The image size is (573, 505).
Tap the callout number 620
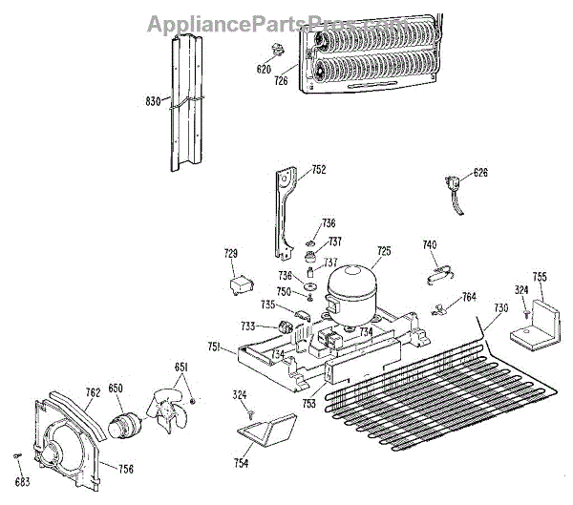[x=264, y=69]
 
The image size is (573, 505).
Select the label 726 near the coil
[x=281, y=81]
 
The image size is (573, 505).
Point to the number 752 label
[x=318, y=171]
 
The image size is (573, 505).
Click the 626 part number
[x=480, y=173]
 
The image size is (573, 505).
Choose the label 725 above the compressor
[x=383, y=251]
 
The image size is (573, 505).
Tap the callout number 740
[x=430, y=245]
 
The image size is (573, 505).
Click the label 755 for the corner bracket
[x=540, y=277]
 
